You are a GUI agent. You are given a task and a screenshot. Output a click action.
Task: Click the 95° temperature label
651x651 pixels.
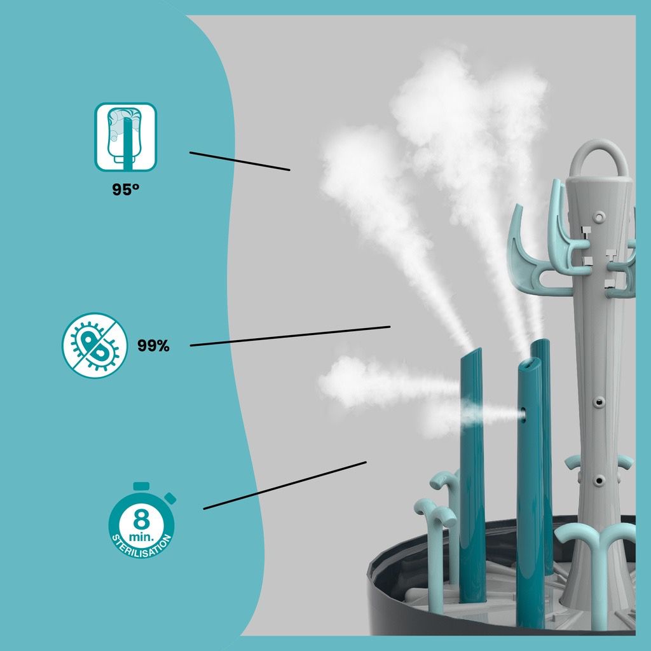point(125,189)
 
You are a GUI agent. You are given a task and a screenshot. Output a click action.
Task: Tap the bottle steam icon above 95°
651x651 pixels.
point(125,137)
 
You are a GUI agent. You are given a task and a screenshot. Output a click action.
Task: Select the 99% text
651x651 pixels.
point(153,345)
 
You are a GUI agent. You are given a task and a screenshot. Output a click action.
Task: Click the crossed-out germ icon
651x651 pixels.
point(95,345)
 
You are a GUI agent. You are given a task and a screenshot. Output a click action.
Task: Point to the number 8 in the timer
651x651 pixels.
point(141,519)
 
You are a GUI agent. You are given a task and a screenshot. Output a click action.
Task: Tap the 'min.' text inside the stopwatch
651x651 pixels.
point(141,537)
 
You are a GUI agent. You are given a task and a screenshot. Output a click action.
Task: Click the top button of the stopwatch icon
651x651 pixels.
point(141,486)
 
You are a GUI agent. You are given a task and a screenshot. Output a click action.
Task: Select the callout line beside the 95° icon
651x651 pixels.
point(240,161)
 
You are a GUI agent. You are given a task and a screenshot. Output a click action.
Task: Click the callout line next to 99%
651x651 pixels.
point(290,336)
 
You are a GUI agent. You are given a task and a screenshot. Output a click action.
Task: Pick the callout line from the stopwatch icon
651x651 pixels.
point(285,485)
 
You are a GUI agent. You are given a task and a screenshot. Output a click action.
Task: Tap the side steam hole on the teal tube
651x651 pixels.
point(524,415)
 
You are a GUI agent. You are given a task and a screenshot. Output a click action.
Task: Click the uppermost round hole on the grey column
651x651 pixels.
point(599,217)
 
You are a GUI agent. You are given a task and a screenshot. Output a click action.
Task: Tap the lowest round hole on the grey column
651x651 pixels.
point(598,481)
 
